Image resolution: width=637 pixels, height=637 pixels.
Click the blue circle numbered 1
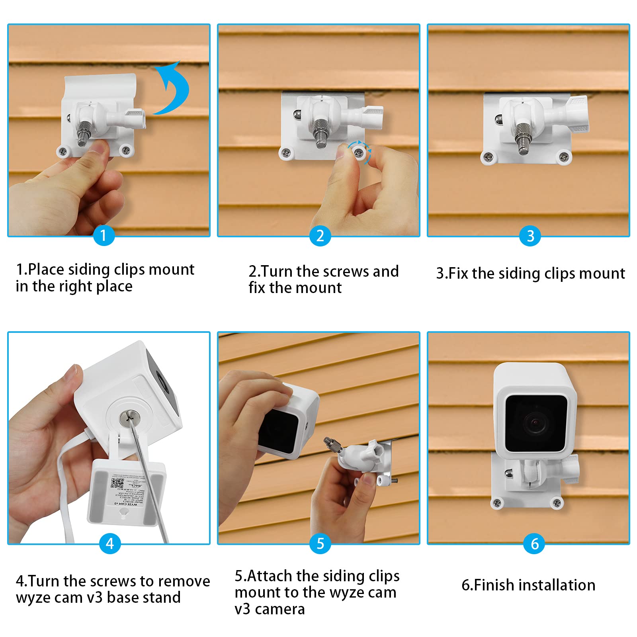[x=104, y=235]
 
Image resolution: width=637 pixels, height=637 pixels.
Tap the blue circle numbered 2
[x=320, y=235]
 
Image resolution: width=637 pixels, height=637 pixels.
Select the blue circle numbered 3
[x=530, y=236]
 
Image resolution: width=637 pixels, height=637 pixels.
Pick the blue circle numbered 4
[x=110, y=543]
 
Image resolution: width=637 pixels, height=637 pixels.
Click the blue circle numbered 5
[x=320, y=543]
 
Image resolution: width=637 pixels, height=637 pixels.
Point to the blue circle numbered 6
[x=534, y=543]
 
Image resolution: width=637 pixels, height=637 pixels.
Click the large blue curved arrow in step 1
[x=173, y=90]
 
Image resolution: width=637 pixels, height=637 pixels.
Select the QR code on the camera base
[x=117, y=483]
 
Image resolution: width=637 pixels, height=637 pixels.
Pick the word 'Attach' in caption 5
[x=270, y=576]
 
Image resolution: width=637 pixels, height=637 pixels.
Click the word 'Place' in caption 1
[x=46, y=270]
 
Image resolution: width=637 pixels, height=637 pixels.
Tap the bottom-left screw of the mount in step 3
[x=488, y=156]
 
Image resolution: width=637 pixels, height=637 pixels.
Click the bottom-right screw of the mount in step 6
[x=557, y=503]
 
